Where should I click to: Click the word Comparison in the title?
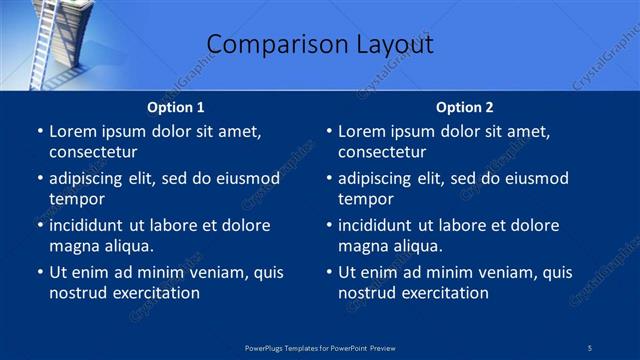(264, 44)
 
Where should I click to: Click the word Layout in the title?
(394, 44)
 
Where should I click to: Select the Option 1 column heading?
(176, 107)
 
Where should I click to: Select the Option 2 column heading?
(465, 107)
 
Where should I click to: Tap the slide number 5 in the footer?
(590, 348)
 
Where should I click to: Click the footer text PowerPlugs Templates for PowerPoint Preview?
(320, 348)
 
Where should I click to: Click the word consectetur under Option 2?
(382, 152)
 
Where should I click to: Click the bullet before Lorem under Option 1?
(40, 131)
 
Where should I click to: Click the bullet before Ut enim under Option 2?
(329, 272)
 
